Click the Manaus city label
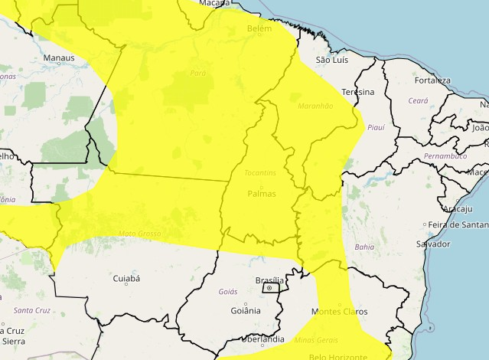59,57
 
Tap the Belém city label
259,28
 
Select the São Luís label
332,59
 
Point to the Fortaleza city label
432,80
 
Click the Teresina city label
357,92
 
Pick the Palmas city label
261,194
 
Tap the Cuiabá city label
126,279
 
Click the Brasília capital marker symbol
269,288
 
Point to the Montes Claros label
340,312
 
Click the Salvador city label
432,244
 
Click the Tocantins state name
260,172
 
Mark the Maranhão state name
315,106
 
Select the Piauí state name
376,128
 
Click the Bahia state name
364,247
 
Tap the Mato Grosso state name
139,232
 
